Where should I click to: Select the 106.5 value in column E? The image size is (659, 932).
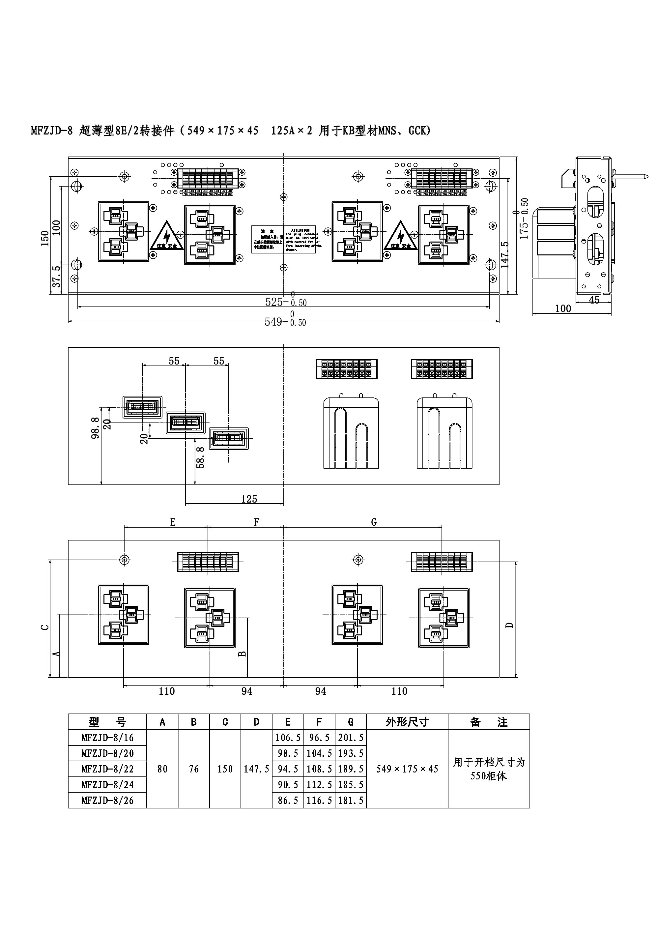pos(288,738)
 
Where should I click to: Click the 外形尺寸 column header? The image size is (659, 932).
pos(407,722)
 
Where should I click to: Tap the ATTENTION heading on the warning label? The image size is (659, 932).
pos(300,230)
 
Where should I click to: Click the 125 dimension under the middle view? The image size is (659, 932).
pos(249,499)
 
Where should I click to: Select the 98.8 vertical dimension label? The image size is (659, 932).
pos(95,428)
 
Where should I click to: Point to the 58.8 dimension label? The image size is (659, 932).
pos(200,457)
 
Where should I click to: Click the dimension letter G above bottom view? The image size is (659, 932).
pos(374,522)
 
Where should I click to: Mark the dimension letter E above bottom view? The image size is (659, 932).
pos(173,522)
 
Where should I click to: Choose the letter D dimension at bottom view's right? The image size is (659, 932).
pos(510,625)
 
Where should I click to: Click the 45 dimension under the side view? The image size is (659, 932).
pos(594,300)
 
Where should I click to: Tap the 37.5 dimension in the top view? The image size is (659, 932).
pos(57,277)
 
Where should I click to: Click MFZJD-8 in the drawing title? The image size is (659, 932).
pos(51,131)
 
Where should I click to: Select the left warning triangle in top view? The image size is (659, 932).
pos(167,236)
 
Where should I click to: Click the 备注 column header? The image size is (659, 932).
pos(489,722)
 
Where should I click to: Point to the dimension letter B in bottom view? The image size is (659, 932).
pos(242,654)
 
